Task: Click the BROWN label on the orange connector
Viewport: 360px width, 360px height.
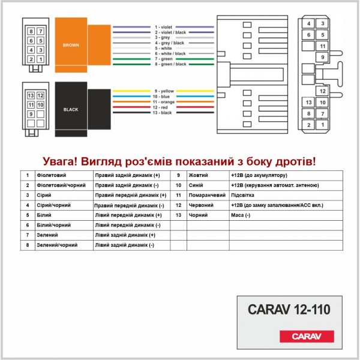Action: coord(71,45)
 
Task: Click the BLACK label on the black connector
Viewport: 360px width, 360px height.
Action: coord(71,110)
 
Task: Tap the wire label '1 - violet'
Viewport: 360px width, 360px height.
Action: coord(164,27)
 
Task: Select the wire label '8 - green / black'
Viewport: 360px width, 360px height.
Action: coord(171,64)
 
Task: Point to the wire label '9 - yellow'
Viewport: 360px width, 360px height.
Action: coord(163,91)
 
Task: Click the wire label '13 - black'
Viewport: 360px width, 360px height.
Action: coord(163,112)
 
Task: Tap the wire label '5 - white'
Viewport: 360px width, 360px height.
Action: coord(163,48)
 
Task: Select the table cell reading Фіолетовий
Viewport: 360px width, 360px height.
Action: coord(50,175)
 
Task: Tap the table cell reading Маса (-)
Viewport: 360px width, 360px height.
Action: coord(240,215)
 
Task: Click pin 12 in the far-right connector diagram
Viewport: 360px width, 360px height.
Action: coord(322,91)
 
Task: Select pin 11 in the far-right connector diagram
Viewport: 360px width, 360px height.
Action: coord(322,46)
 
